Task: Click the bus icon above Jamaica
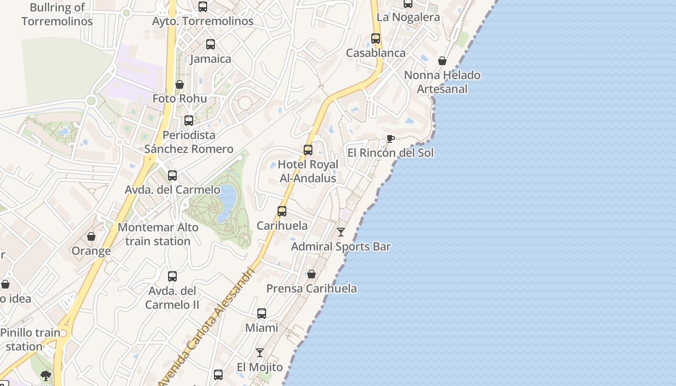[x=211, y=44]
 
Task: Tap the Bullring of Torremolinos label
[x=57, y=14]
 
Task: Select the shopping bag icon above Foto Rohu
[x=180, y=85]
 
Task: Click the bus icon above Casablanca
[x=376, y=39]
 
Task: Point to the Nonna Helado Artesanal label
[x=442, y=82]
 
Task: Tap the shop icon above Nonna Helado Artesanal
[x=442, y=61]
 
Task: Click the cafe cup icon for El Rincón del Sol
[x=391, y=139]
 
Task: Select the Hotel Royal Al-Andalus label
[x=308, y=171]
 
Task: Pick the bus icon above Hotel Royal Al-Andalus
[x=308, y=150]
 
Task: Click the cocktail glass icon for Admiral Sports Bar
[x=341, y=232]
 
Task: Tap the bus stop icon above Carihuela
[x=282, y=211]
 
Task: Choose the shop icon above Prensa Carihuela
[x=311, y=275]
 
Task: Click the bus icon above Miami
[x=262, y=314]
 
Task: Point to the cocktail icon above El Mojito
[x=260, y=353]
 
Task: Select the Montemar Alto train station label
[x=158, y=234]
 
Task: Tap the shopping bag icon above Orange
[x=91, y=236]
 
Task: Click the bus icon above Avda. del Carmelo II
[x=172, y=276]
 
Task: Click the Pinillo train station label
[x=30, y=340]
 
